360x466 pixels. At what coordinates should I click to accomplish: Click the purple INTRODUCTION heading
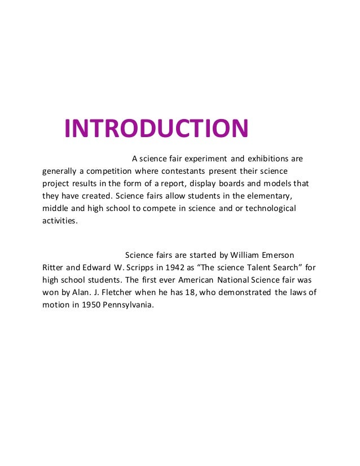coord(156,129)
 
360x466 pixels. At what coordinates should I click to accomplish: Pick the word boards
coord(248,184)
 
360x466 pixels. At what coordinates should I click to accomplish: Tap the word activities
coord(60,221)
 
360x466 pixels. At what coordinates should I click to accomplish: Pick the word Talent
coord(255,267)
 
